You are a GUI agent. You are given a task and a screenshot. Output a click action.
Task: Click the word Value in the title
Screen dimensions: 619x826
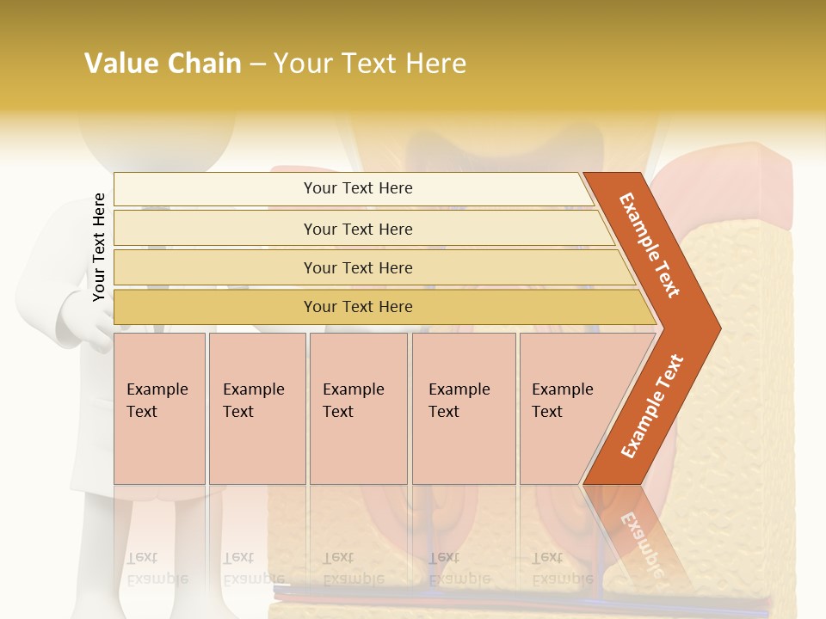tap(120, 64)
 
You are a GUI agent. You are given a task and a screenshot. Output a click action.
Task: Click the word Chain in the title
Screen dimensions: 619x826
tap(204, 64)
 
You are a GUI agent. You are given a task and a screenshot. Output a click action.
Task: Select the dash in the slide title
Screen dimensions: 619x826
tap(257, 64)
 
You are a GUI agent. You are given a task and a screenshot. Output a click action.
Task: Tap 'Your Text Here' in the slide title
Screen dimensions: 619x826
tap(370, 64)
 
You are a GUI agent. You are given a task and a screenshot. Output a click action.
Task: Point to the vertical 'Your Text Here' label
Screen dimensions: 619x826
tap(99, 247)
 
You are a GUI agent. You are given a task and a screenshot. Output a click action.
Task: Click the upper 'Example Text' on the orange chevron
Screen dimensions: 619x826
tap(650, 245)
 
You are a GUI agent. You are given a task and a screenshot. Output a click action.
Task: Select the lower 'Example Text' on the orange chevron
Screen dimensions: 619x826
tap(652, 407)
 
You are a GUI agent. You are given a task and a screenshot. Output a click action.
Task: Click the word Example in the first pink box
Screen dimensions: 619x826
tap(157, 389)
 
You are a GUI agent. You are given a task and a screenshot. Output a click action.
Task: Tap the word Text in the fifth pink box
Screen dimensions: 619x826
tap(546, 412)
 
